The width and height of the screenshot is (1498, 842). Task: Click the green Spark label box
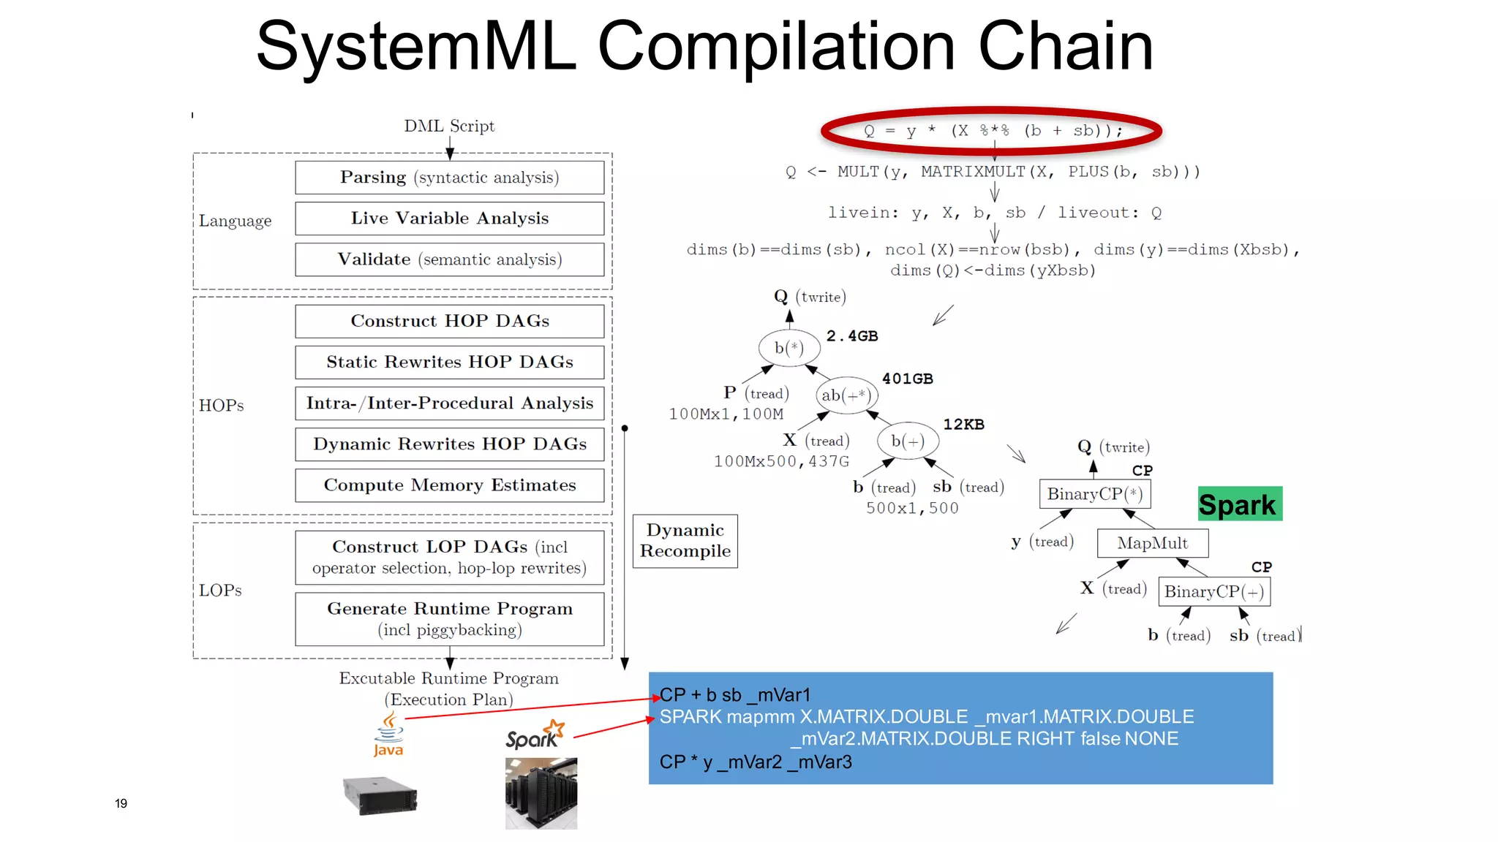point(1239,504)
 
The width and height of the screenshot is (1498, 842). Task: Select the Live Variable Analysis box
point(449,219)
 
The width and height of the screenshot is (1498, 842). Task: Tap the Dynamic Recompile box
point(685,541)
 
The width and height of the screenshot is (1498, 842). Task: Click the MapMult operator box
point(1152,543)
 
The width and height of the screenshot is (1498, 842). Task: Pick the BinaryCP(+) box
point(1213,591)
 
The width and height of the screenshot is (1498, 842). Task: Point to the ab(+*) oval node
point(846,395)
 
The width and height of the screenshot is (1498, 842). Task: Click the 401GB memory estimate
point(907,379)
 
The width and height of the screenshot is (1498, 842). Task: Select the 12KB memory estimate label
point(963,425)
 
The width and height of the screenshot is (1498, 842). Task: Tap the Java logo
point(388,735)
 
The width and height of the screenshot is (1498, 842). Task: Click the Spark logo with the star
point(535,735)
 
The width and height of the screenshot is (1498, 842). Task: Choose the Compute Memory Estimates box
point(449,485)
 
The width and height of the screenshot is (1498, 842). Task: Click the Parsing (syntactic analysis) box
point(449,178)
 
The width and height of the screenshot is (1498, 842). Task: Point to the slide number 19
point(121,803)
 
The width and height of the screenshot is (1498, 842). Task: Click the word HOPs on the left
point(221,406)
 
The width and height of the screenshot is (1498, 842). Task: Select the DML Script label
point(449,126)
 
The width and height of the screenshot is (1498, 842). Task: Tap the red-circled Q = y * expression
point(992,131)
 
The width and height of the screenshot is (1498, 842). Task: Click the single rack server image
point(380,795)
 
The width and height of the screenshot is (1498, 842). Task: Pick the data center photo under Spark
point(541,793)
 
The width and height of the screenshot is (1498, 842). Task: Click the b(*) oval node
point(788,348)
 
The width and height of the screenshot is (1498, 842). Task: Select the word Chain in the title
point(1065,46)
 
